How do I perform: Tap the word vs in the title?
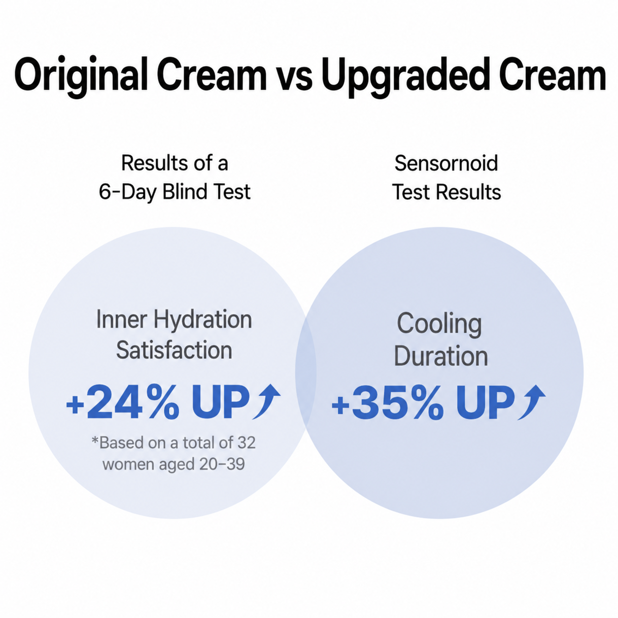pyautogui.click(x=294, y=79)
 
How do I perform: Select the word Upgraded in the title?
pyautogui.click(x=406, y=77)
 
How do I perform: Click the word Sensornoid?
pyautogui.click(x=446, y=163)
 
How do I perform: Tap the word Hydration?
pyautogui.click(x=203, y=320)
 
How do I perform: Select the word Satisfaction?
pyautogui.click(x=174, y=350)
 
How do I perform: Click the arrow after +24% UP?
pyautogui.click(x=267, y=401)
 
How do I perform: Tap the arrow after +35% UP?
pyautogui.click(x=531, y=402)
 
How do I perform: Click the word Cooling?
pyautogui.click(x=440, y=324)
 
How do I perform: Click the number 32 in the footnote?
pyautogui.click(x=246, y=443)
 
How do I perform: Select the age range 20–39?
pyautogui.click(x=222, y=464)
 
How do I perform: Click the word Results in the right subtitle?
pyautogui.click(x=468, y=192)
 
